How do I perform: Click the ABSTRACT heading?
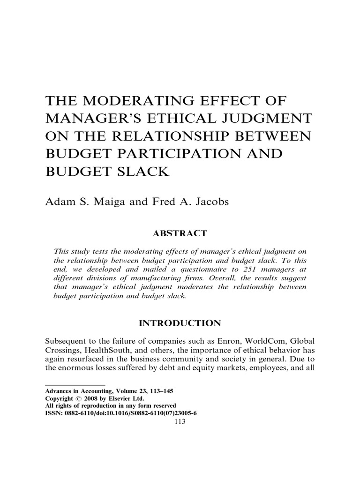click(x=180, y=233)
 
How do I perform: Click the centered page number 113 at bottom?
click(x=180, y=421)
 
